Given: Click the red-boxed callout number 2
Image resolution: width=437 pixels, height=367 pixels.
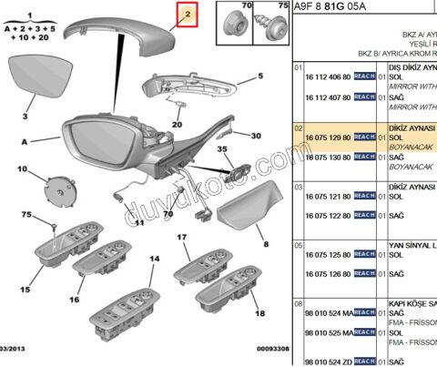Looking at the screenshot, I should (x=187, y=15).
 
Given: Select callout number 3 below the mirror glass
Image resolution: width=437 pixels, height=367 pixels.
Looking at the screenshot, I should (x=25, y=117).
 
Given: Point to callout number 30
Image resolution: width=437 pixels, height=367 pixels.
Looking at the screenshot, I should (x=256, y=136).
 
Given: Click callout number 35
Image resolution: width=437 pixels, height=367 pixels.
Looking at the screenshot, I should (x=223, y=148).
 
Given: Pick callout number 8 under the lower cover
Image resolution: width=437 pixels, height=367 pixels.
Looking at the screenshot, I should (x=266, y=244).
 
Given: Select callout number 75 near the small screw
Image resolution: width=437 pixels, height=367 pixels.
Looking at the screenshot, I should (x=26, y=215).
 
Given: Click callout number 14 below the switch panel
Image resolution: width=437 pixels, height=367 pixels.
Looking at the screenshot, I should (x=154, y=260).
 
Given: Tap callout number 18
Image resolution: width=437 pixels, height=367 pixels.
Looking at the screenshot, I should (x=259, y=312).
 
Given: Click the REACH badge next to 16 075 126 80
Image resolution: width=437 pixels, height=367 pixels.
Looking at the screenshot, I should (x=364, y=273).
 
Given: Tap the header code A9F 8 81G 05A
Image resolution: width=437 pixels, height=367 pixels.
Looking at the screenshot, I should (x=330, y=8).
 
